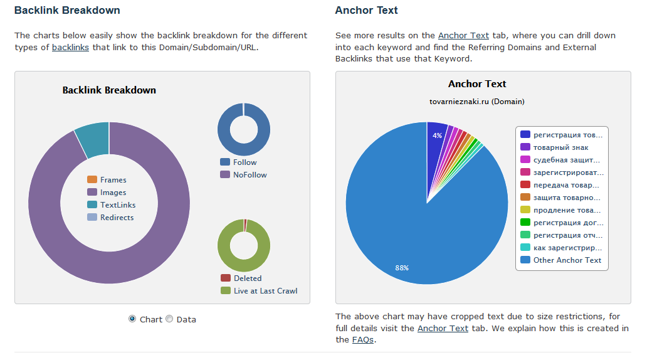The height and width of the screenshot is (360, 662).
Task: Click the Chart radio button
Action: click(x=132, y=319)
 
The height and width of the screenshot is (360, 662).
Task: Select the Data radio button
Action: click(x=169, y=319)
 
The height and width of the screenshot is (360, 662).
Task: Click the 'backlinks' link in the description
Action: click(x=70, y=47)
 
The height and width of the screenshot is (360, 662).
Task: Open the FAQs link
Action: click(x=363, y=339)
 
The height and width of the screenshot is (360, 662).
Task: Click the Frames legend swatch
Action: click(x=92, y=180)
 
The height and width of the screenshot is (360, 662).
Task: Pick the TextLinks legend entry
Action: click(x=118, y=205)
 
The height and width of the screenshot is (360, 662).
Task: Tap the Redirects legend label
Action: click(x=117, y=218)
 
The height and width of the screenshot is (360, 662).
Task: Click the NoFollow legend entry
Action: click(x=250, y=175)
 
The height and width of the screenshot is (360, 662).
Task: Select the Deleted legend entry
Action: click(x=247, y=278)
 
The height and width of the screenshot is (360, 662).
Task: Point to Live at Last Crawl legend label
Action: click(x=265, y=291)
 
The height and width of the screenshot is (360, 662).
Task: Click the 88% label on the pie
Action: click(x=402, y=268)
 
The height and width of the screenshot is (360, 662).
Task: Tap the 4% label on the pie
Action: click(x=437, y=135)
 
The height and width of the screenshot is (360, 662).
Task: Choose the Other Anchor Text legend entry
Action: click(x=567, y=260)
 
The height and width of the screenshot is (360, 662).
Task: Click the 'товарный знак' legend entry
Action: click(x=560, y=147)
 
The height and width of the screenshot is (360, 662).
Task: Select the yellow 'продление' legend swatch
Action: click(x=525, y=210)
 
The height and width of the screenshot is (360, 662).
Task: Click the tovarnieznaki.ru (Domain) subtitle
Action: click(x=477, y=102)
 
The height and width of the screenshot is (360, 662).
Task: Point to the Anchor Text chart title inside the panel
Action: click(x=477, y=84)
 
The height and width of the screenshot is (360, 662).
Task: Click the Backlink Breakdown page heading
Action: click(x=67, y=11)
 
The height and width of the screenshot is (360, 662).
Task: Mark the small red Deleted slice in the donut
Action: click(x=245, y=222)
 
